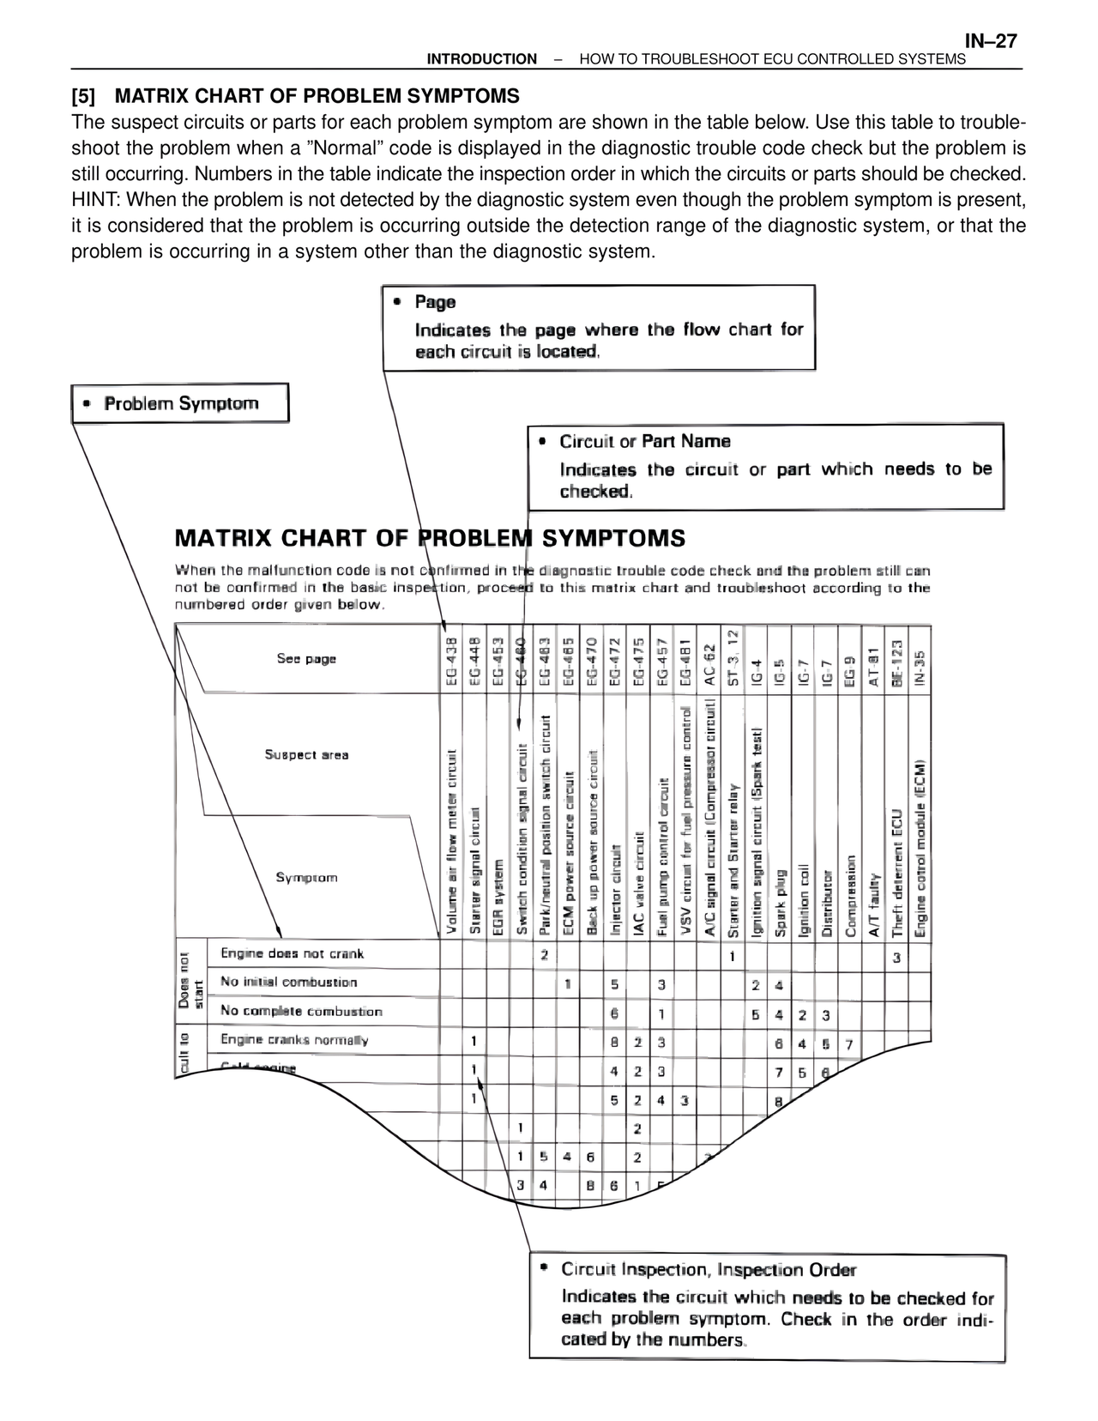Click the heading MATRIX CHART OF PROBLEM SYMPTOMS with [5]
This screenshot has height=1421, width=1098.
[295, 94]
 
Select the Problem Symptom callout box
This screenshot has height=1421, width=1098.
[180, 403]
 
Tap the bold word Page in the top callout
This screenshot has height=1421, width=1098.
[435, 302]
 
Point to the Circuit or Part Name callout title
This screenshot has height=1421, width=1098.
[645, 441]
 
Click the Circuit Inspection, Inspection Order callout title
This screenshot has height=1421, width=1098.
[709, 1269]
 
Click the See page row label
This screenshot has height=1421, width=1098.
[306, 659]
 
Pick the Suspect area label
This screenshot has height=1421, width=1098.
[306, 755]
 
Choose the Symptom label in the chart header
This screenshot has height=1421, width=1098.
[306, 877]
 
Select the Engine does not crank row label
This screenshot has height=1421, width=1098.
[293, 953]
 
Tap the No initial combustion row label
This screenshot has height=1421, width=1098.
[288, 983]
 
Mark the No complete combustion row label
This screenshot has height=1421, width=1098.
[301, 1011]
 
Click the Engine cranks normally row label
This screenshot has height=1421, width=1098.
[294, 1040]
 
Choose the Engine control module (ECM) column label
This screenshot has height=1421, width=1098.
[920, 850]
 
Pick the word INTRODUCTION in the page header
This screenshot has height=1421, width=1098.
[482, 59]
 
